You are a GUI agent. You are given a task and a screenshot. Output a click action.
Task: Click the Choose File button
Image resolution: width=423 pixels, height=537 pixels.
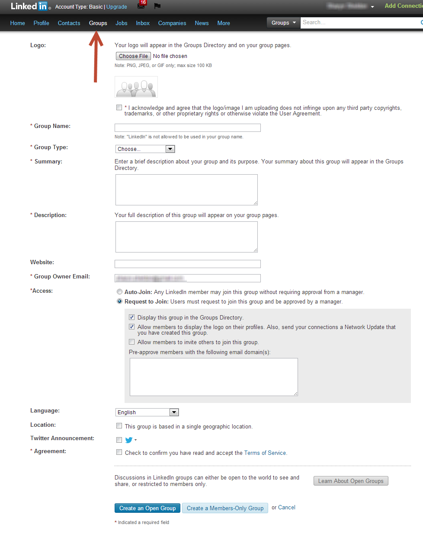click(x=133, y=56)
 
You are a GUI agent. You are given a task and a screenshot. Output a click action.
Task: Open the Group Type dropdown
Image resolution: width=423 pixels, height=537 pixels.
click(x=145, y=149)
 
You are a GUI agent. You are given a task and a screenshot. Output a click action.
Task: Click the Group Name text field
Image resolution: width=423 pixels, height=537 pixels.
click(x=187, y=128)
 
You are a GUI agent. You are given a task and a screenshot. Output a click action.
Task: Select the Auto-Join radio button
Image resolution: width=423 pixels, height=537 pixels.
click(x=119, y=292)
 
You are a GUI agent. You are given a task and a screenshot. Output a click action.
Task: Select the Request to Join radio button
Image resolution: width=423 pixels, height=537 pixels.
click(x=119, y=301)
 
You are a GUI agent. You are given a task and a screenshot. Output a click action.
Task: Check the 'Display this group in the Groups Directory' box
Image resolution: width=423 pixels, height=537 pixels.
click(x=132, y=317)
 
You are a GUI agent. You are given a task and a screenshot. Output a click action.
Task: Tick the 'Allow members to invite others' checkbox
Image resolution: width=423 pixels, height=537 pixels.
click(x=132, y=342)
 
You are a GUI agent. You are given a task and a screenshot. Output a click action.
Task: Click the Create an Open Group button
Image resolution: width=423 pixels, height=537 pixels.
click(x=147, y=508)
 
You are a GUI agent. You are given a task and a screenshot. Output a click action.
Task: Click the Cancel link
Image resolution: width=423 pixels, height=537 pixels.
click(x=287, y=508)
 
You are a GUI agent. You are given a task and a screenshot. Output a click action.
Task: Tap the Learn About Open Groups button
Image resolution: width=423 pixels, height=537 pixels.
click(x=351, y=481)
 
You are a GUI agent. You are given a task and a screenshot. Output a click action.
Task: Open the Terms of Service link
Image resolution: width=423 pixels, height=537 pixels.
click(x=265, y=453)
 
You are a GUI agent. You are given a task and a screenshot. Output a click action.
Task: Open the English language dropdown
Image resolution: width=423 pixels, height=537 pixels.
click(x=147, y=412)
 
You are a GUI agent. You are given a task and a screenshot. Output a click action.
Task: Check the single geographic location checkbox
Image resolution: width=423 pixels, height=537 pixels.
click(x=119, y=426)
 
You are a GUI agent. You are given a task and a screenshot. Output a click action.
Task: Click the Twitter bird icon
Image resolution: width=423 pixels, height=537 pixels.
click(x=129, y=440)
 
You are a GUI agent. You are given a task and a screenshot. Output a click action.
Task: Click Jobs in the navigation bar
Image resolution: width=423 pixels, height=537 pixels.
click(x=122, y=23)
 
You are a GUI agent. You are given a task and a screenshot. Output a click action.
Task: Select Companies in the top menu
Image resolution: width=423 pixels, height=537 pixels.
click(x=172, y=23)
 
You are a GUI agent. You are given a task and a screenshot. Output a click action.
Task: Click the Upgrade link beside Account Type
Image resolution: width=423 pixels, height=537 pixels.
click(x=117, y=7)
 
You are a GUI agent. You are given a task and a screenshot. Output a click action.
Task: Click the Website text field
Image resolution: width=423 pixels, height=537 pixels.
click(x=187, y=264)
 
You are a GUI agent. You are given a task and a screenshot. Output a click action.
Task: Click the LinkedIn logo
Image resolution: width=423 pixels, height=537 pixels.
click(x=29, y=6)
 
